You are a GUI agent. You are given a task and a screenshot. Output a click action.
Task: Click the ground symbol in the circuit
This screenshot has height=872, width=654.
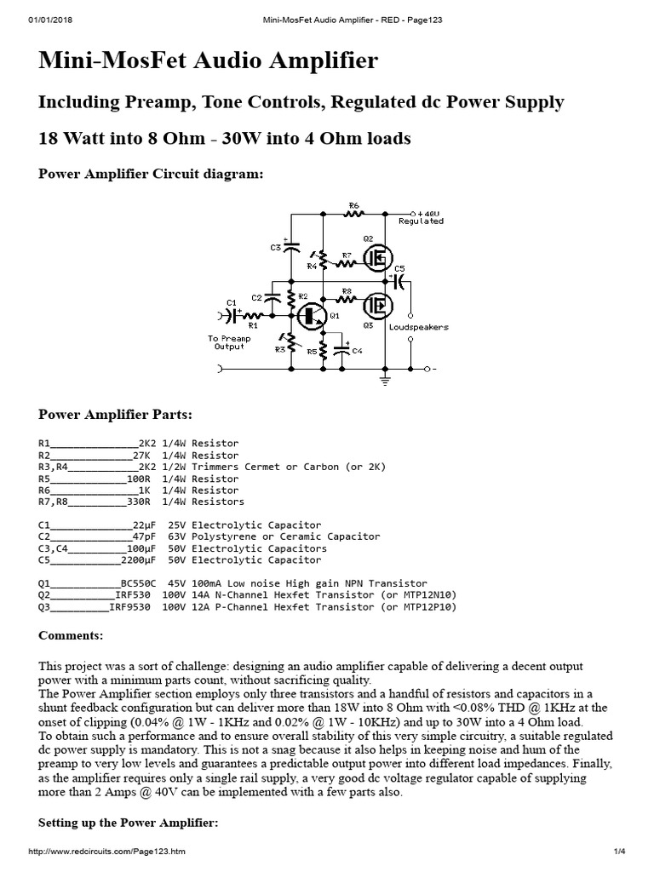pyautogui.click(x=386, y=381)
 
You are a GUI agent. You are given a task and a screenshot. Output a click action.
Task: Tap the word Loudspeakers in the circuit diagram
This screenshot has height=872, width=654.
pyautogui.click(x=418, y=327)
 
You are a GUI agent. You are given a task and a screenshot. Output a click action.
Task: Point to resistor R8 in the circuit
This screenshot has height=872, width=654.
pyautogui.click(x=347, y=297)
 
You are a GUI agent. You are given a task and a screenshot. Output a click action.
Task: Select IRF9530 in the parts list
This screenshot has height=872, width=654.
pyautogui.click(x=132, y=607)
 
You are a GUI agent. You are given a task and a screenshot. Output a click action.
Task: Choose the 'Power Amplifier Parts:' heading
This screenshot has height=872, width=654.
pyautogui.click(x=116, y=415)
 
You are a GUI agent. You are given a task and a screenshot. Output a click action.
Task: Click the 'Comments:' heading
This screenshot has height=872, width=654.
pyautogui.click(x=72, y=636)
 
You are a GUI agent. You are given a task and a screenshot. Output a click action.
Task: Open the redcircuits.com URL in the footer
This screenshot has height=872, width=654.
pyautogui.click(x=107, y=852)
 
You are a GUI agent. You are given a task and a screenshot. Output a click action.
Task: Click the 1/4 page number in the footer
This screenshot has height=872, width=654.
pyautogui.click(x=619, y=852)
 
